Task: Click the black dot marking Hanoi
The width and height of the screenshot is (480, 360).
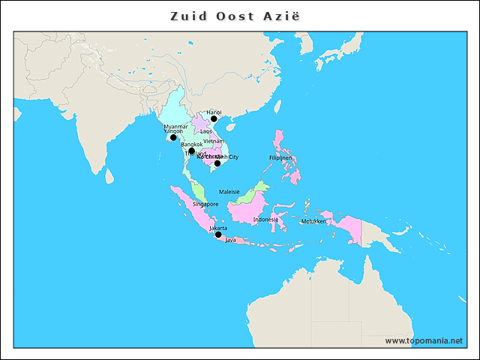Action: click(x=214, y=118)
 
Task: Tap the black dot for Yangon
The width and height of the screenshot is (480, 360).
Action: click(x=173, y=137)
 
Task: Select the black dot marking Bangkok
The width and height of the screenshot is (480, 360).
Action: click(x=192, y=151)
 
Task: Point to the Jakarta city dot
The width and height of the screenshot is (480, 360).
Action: click(x=218, y=235)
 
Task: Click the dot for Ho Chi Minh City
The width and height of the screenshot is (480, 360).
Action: click(x=217, y=163)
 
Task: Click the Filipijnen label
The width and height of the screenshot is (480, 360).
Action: click(x=280, y=158)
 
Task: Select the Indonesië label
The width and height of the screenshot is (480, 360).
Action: click(x=265, y=220)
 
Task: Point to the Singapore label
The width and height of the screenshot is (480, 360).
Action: click(x=205, y=204)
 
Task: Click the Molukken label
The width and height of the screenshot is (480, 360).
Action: click(x=313, y=222)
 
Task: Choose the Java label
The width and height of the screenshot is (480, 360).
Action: click(x=230, y=240)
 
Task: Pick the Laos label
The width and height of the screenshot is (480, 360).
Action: click(x=205, y=131)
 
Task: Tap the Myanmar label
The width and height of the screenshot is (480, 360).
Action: click(x=175, y=126)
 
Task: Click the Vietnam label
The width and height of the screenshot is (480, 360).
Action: click(x=213, y=141)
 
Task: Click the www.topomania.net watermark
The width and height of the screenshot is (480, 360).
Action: click(x=424, y=340)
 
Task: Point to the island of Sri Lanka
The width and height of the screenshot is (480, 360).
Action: click(x=109, y=177)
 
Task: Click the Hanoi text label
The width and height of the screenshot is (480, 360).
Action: click(x=214, y=112)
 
